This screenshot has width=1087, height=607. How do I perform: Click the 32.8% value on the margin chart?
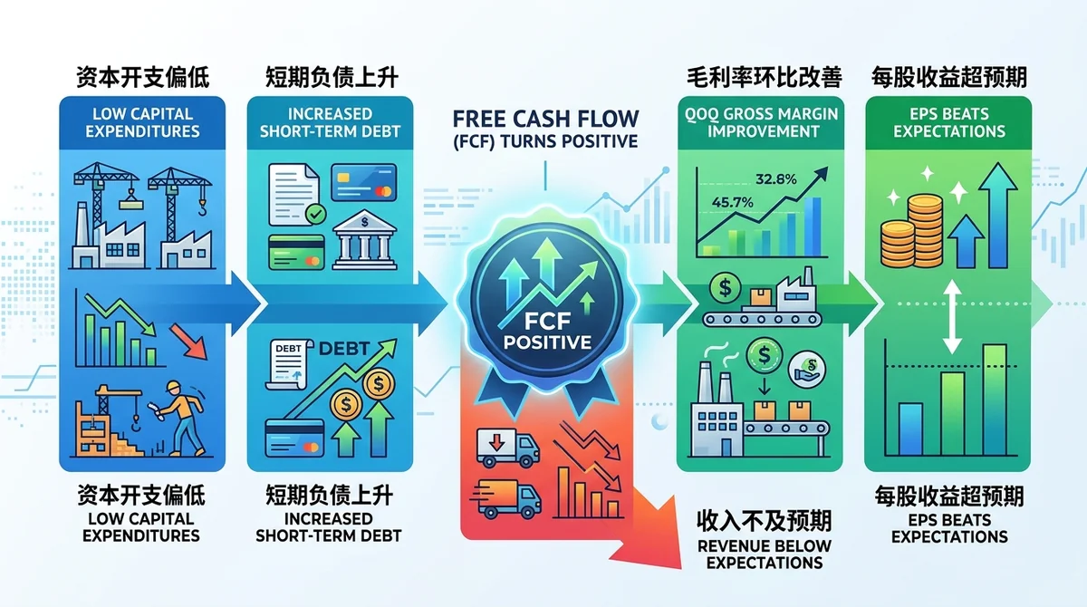pos(776,179)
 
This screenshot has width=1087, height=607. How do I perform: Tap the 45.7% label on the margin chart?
pos(732,202)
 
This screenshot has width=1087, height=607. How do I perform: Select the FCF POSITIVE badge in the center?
pos(547,303)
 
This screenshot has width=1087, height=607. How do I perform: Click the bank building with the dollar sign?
pos(364,240)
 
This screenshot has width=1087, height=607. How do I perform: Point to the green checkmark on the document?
pos(315,214)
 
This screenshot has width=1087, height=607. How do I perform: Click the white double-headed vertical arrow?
pos(952,317)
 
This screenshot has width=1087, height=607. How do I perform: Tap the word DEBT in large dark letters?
pos(344,349)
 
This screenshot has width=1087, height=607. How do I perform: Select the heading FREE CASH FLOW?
pos(545,119)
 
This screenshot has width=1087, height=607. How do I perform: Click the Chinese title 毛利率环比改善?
pos(765,78)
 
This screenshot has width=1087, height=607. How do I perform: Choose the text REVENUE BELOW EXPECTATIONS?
pos(765,554)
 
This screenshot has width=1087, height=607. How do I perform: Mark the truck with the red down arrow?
pos(507,448)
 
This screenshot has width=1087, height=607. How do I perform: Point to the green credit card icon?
pos(296,252)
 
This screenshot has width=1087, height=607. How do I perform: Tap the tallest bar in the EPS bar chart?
pos(995,400)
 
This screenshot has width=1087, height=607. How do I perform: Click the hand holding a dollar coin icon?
pos(806,371)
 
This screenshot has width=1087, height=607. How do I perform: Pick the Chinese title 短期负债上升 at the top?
pos(332,78)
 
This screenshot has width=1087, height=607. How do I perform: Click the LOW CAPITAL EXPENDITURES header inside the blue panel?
pos(142,122)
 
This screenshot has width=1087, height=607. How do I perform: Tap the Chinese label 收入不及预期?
pos(765,521)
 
